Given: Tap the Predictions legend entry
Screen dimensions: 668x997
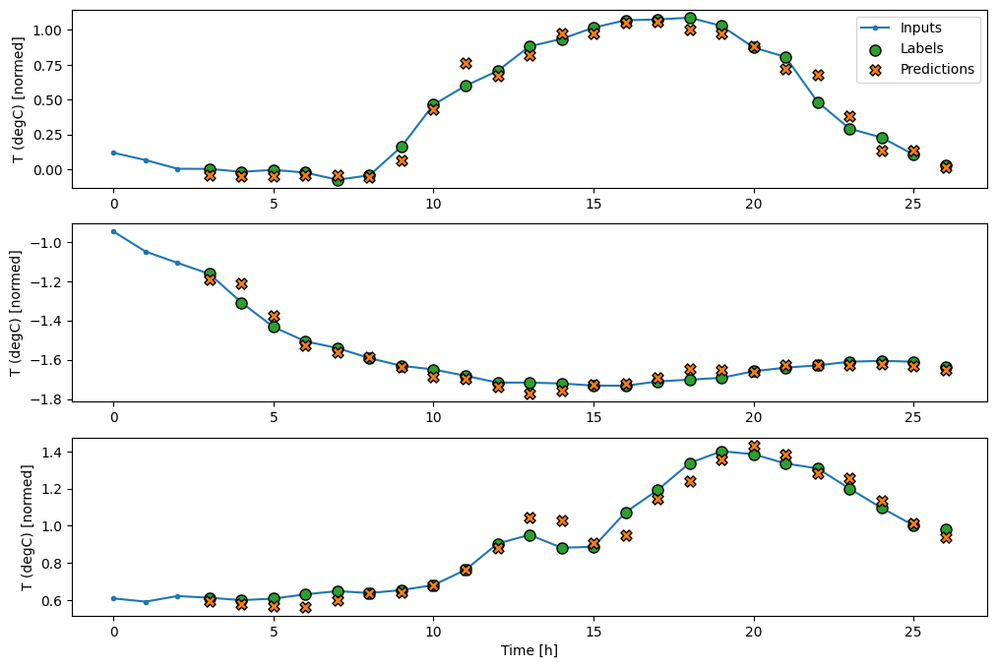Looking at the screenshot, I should click(x=936, y=69).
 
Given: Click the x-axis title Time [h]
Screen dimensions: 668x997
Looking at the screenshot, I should click(x=530, y=650).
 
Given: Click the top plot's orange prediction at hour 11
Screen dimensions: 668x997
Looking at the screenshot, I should click(x=466, y=63).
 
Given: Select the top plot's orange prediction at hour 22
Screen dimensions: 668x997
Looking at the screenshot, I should click(x=818, y=75).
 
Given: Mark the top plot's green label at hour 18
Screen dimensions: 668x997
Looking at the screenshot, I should click(x=690, y=18).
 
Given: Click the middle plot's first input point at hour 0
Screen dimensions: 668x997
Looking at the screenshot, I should click(x=113, y=231).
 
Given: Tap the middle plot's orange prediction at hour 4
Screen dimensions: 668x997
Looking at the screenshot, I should click(x=241, y=283).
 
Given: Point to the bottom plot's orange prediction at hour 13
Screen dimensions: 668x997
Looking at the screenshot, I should click(x=530, y=517).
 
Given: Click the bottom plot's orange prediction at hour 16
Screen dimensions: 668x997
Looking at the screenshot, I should click(x=626, y=535).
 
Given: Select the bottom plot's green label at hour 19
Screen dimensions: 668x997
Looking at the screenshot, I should click(x=721, y=452).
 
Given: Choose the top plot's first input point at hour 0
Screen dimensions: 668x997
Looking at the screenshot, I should click(x=113, y=152).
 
